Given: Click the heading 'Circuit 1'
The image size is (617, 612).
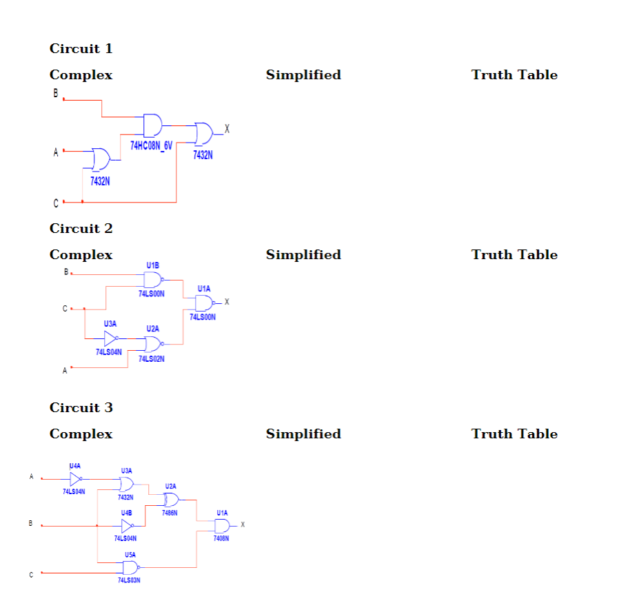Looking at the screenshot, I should click(x=81, y=49).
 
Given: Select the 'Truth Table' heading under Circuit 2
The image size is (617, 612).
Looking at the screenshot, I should click(x=514, y=255).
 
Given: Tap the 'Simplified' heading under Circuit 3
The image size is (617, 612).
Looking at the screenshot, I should click(x=303, y=434).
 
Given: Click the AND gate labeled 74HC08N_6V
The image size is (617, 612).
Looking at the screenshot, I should click(x=152, y=125).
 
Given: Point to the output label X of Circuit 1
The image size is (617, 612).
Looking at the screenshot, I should click(x=227, y=129).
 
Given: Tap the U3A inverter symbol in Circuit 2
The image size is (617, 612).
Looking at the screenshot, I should click(x=110, y=338).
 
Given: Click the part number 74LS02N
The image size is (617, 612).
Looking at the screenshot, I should click(x=152, y=359).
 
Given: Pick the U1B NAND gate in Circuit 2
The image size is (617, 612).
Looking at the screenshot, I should click(x=152, y=279).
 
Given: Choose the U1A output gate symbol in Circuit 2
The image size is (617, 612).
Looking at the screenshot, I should click(x=205, y=303).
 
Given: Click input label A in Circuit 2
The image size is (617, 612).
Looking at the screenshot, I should click(x=65, y=371).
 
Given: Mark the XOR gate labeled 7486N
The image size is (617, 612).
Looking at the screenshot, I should click(x=170, y=500).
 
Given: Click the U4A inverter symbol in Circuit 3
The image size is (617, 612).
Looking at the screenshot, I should click(x=76, y=478).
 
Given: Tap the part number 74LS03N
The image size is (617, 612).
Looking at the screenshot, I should click(x=130, y=581).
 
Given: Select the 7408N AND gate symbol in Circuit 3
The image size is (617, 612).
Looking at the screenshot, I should click(x=222, y=526).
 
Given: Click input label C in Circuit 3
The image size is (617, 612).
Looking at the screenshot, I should click(x=30, y=573).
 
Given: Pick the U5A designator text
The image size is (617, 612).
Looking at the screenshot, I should click(x=130, y=554).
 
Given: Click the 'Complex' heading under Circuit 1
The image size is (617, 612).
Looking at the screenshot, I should click(x=81, y=75).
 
